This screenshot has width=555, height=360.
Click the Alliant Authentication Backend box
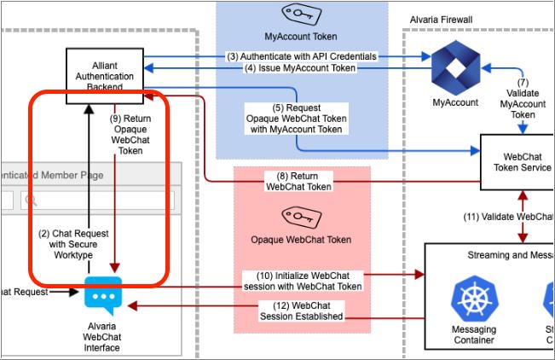pyautogui.click(x=106, y=76)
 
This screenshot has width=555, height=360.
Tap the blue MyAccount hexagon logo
pyautogui.click(x=454, y=70)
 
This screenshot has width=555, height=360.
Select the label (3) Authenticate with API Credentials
pyautogui.click(x=302, y=56)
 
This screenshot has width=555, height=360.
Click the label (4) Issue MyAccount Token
pyautogui.click(x=301, y=68)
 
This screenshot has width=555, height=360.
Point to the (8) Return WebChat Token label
pyautogui.click(x=298, y=180)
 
